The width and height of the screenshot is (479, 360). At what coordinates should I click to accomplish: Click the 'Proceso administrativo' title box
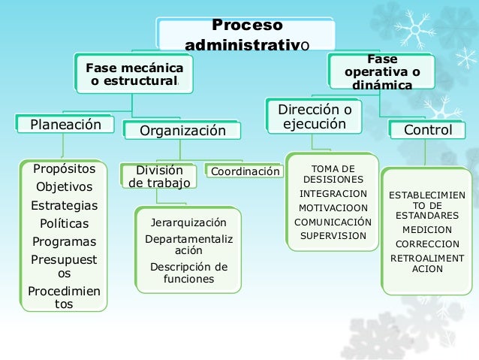[x=246, y=35]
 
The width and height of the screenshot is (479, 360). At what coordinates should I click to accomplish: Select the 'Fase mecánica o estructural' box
[x=134, y=74]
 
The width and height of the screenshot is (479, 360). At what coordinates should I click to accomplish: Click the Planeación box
[x=65, y=125]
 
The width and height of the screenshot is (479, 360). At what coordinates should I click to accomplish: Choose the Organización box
[x=182, y=131]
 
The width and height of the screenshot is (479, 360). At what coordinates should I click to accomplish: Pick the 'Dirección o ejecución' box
[x=314, y=117]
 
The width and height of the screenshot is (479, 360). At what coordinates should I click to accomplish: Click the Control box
[x=428, y=130]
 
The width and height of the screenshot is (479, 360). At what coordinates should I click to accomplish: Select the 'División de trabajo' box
[x=158, y=176]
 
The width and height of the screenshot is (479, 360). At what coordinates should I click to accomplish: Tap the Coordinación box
[x=245, y=171]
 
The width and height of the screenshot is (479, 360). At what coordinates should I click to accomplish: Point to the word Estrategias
[x=64, y=205]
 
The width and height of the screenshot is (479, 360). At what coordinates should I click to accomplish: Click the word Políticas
[x=64, y=223]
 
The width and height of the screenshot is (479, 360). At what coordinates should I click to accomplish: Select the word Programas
[x=64, y=241]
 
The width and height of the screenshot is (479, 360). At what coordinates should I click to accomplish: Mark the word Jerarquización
[x=188, y=222]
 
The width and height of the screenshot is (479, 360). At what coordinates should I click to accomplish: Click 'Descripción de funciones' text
[x=188, y=272]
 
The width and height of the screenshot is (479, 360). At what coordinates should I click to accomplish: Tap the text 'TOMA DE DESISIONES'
[x=333, y=174]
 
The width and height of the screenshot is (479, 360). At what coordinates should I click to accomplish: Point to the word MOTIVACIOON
[x=333, y=207]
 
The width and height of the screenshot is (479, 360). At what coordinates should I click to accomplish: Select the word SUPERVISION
[x=333, y=235]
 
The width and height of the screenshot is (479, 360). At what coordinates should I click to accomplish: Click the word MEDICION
[x=427, y=230]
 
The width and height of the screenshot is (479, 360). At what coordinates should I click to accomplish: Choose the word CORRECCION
[x=427, y=244]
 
